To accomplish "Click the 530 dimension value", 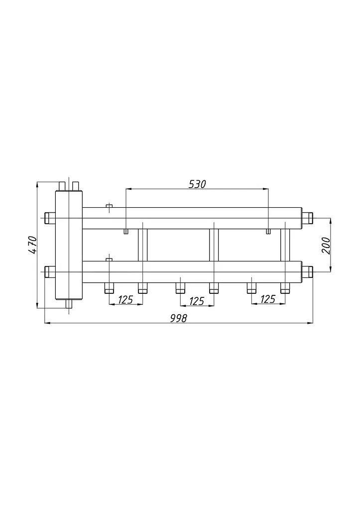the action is [197, 184].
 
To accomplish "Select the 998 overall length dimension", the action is [179, 318].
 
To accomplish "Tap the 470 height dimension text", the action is [32, 245].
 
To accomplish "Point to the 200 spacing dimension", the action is [326, 246].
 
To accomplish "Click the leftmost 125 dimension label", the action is [125, 299].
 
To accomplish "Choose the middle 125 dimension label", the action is [196, 301].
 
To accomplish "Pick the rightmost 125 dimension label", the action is [268, 299].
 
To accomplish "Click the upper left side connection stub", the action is [50, 218].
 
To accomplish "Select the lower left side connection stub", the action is [50, 271].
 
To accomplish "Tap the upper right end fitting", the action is [307, 218].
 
